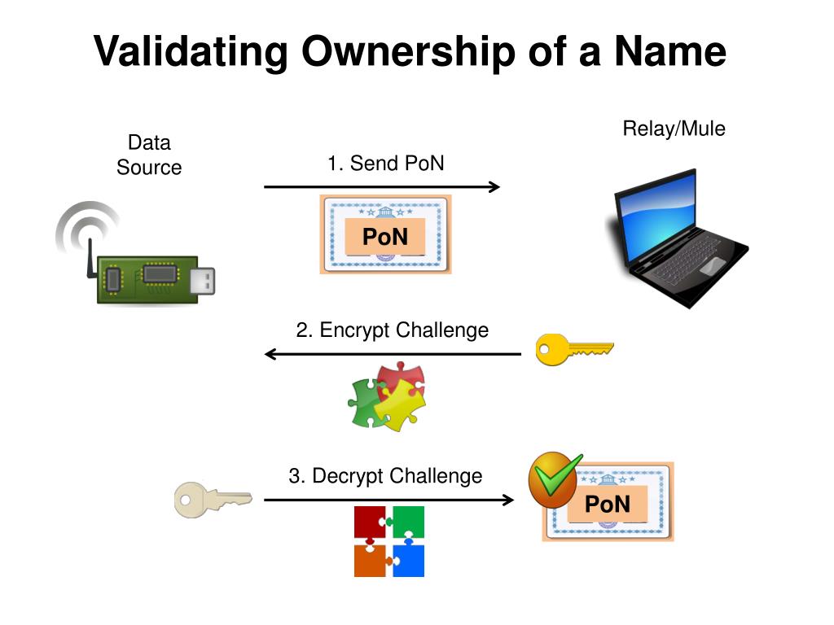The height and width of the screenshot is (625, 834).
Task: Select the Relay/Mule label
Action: click(x=674, y=129)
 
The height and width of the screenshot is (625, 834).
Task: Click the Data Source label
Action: click(x=149, y=155)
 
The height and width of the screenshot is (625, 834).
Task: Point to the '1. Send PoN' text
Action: click(x=386, y=164)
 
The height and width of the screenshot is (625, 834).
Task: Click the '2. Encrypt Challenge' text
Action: click(x=392, y=330)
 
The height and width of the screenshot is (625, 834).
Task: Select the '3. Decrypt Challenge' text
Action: click(x=385, y=476)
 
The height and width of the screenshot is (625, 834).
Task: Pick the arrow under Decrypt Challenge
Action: click(x=388, y=500)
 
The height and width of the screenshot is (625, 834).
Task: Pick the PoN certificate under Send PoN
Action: click(x=385, y=234)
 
